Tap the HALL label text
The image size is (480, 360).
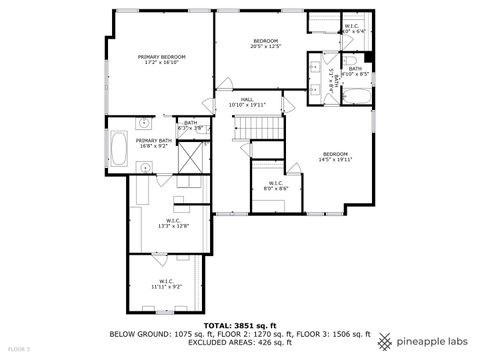click(246, 100)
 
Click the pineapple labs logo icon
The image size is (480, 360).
click(384, 339)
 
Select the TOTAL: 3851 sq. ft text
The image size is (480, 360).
click(240, 326)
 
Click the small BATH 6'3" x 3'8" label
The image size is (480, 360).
click(190, 125)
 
